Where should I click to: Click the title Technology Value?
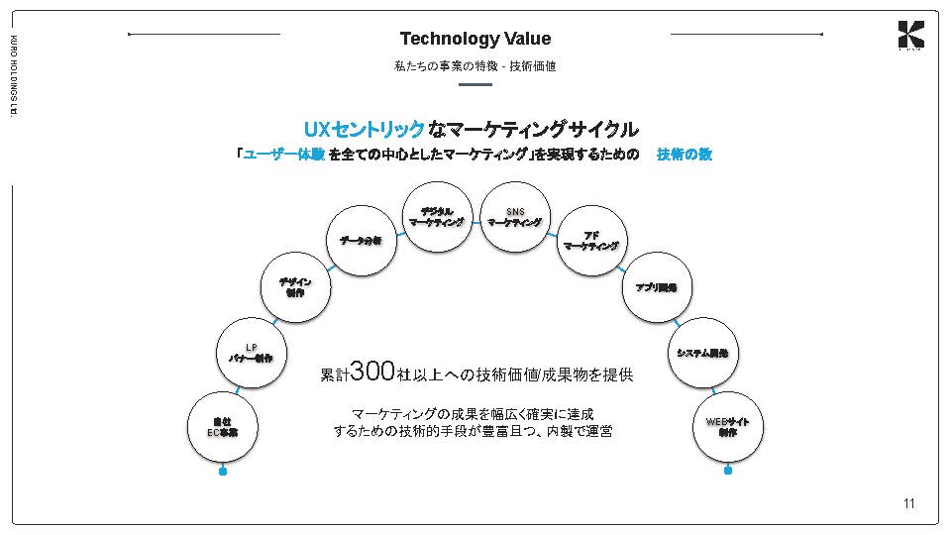click(475, 39)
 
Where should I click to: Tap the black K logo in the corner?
click(910, 35)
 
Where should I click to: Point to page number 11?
click(909, 504)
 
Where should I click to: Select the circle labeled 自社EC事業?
click(223, 427)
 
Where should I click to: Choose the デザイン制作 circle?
click(295, 287)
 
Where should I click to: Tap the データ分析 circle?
click(362, 241)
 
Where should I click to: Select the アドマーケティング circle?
click(590, 241)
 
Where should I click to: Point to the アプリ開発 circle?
click(656, 287)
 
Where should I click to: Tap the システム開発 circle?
click(702, 353)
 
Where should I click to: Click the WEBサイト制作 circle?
click(728, 427)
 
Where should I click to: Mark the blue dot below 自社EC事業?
click(223, 472)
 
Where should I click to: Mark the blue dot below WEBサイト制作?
click(728, 471)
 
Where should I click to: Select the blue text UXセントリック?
click(364, 130)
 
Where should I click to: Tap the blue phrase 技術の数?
click(685, 155)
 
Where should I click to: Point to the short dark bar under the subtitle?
click(475, 84)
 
